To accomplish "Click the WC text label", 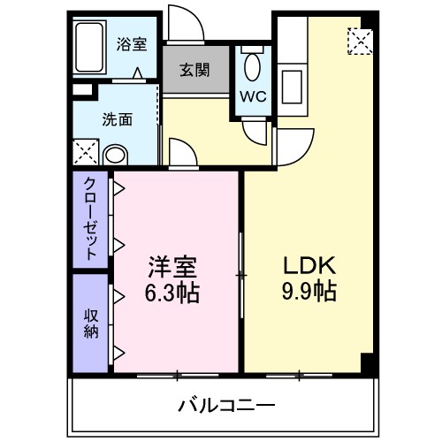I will [x=251, y=93].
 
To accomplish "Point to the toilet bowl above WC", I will [x=252, y=65].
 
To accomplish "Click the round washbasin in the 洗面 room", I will [x=115, y=155].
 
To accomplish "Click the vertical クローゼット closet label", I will [x=90, y=217].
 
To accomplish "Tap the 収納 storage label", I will [x=90, y=323].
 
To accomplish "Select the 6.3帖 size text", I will [x=172, y=293].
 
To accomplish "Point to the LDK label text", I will [x=306, y=266].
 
